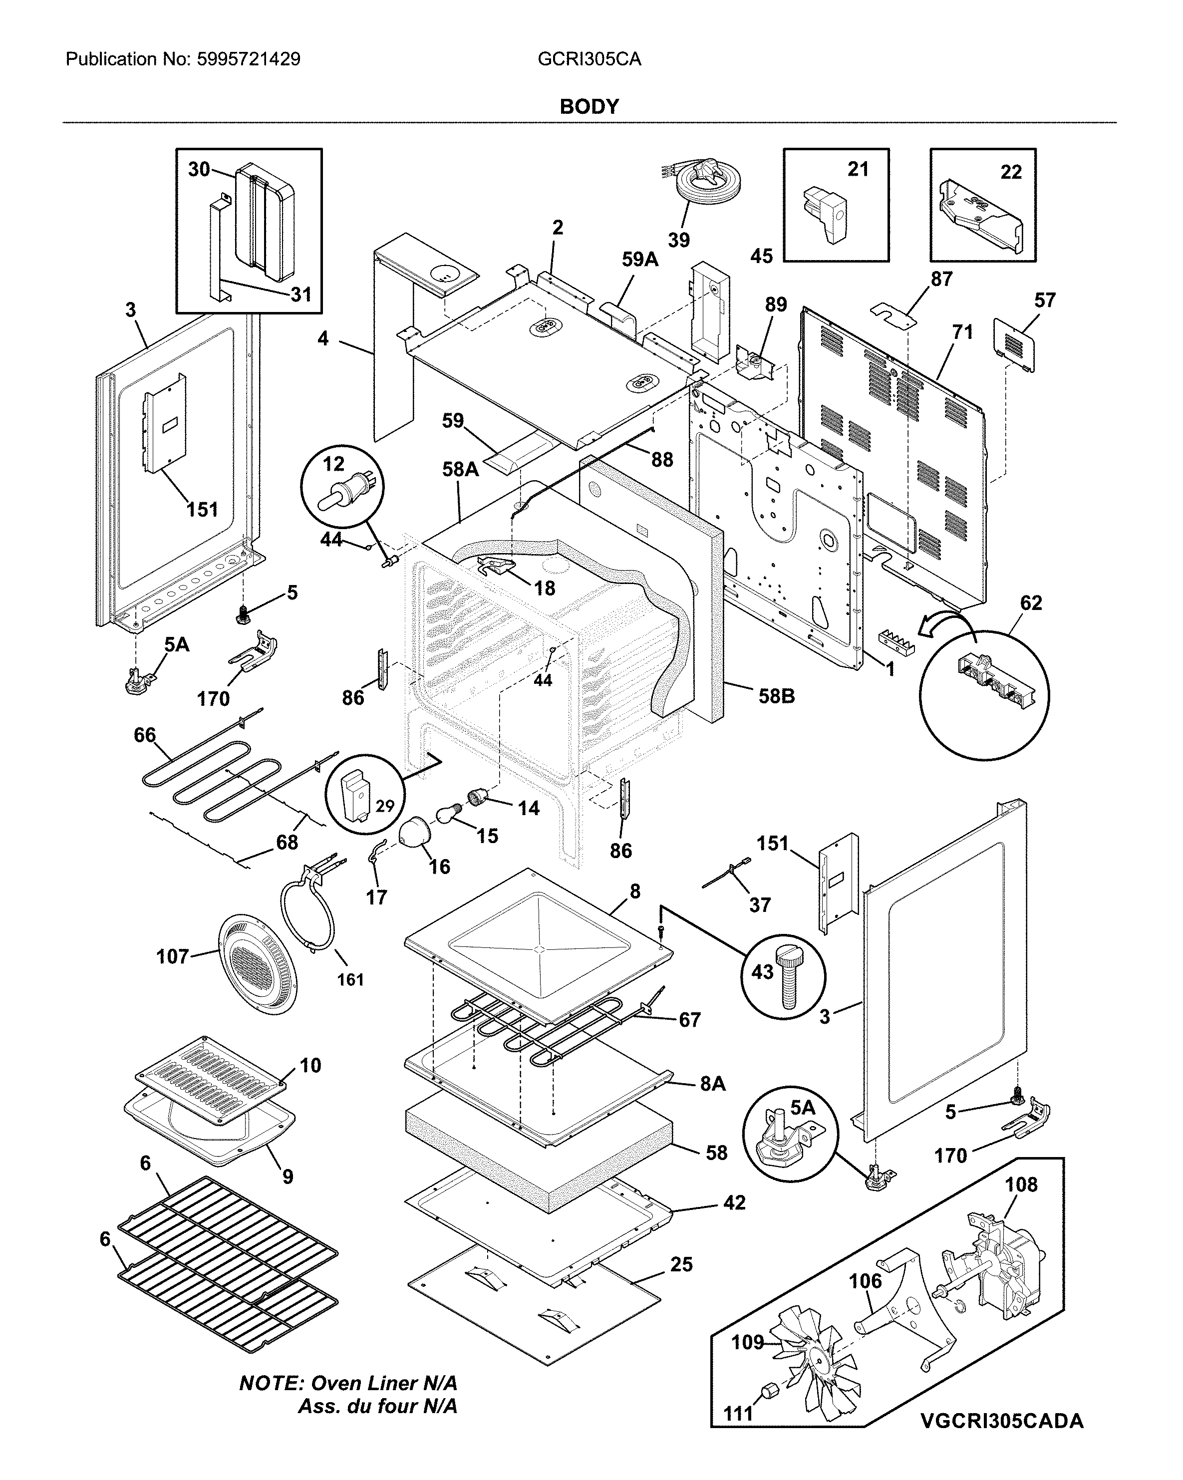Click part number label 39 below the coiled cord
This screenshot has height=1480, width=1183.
(678, 240)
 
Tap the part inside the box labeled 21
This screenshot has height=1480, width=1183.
(824, 211)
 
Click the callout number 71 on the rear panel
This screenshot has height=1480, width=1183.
(962, 332)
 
